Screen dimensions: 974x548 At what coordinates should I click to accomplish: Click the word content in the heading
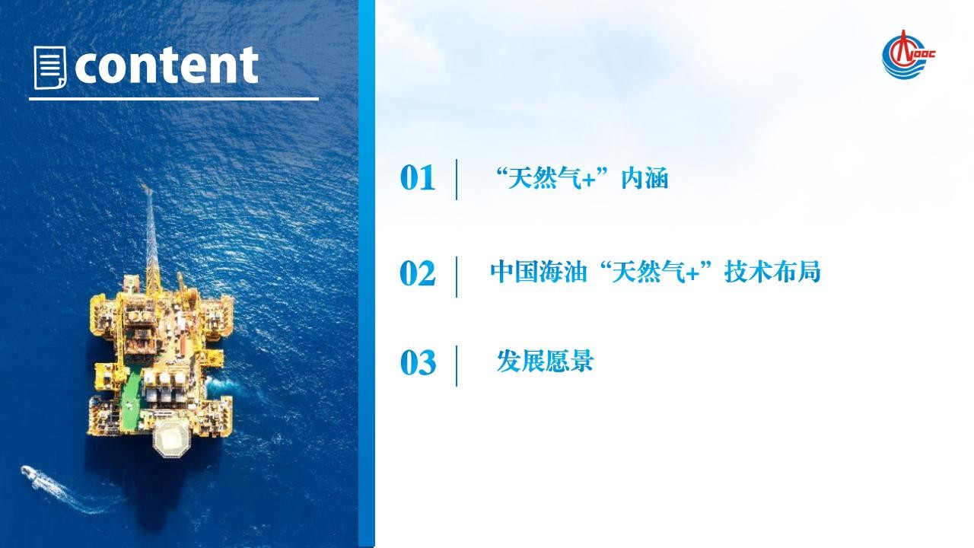click(x=167, y=65)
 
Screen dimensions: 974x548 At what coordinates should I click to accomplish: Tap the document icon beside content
click(x=50, y=68)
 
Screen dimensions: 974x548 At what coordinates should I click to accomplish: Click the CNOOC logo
click(x=908, y=56)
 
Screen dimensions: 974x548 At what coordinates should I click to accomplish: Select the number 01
click(x=418, y=178)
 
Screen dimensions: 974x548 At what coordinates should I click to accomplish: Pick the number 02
click(x=418, y=273)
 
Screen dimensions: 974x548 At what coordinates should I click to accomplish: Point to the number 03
click(x=418, y=363)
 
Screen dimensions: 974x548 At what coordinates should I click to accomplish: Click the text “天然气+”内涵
click(x=581, y=178)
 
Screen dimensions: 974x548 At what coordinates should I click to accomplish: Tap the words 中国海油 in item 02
click(x=538, y=272)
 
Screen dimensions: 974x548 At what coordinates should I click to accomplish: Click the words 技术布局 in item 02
click(x=772, y=272)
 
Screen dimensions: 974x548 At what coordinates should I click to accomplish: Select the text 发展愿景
click(x=546, y=361)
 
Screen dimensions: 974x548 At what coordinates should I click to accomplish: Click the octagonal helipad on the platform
click(x=171, y=437)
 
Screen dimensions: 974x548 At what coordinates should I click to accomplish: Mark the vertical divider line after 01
click(x=457, y=179)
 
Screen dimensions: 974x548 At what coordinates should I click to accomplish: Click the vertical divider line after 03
click(x=457, y=366)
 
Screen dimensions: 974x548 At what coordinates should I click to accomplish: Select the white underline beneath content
click(x=174, y=99)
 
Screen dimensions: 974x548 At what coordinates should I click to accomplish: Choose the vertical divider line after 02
click(x=457, y=276)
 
